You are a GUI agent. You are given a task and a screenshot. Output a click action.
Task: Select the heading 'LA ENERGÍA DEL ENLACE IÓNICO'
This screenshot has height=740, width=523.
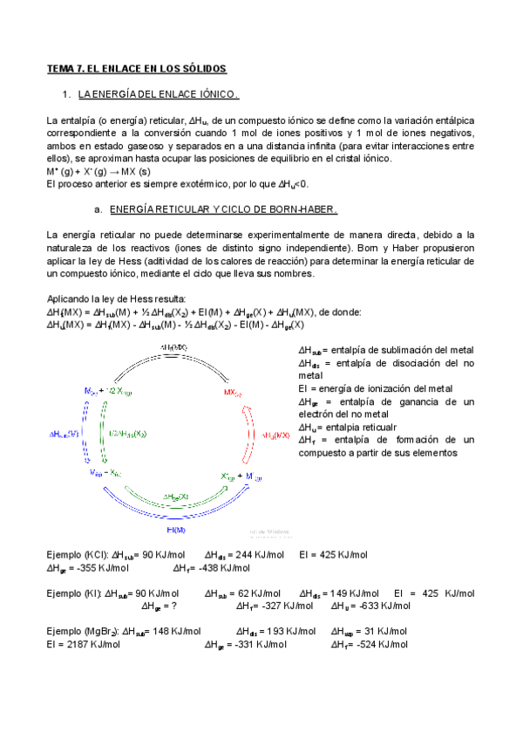coord(158,93)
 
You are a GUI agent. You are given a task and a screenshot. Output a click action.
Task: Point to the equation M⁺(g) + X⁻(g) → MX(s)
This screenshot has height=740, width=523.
coord(92,172)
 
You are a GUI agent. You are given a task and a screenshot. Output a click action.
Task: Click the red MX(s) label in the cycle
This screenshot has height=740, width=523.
coord(232,393)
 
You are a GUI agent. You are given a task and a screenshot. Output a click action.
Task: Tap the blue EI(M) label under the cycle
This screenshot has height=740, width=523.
coord(176,529)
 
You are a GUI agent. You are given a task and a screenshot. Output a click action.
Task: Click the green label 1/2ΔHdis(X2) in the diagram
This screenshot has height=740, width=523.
coord(128,433)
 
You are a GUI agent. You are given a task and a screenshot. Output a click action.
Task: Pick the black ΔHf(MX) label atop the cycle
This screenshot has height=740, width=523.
coord(174,347)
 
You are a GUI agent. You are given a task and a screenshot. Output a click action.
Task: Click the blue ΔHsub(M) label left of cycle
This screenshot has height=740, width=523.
coord(65,433)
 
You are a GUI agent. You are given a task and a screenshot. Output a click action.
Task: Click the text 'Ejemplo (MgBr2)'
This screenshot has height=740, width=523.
coord(74,631)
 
